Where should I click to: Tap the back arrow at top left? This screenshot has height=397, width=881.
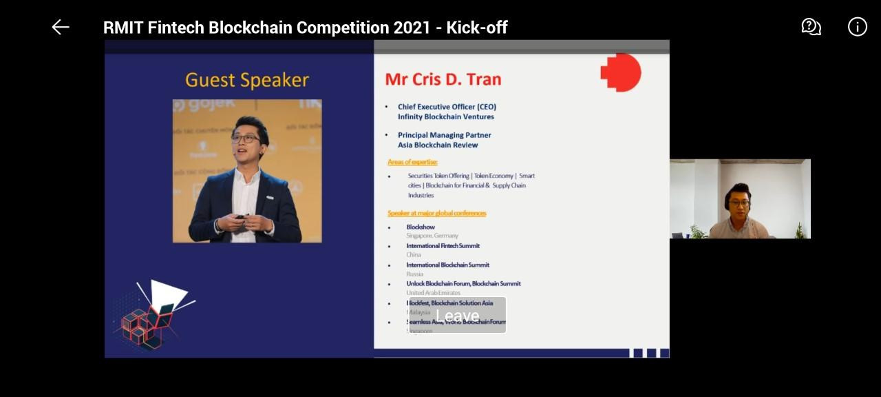61,27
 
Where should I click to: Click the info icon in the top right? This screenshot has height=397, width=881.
857,27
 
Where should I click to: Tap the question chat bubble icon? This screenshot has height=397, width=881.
811,27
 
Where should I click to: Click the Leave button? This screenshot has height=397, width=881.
457,316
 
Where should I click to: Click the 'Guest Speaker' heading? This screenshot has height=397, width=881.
246,80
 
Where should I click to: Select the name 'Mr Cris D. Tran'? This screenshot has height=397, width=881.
443,79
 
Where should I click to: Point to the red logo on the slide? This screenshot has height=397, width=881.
621,72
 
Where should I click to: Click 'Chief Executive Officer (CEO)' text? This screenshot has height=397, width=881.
447,107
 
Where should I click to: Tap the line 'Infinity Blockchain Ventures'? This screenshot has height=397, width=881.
445,116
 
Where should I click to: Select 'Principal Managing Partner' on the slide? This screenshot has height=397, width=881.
444,135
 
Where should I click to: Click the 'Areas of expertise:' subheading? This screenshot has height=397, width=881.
412,162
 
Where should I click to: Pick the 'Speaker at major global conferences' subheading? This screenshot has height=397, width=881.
436,213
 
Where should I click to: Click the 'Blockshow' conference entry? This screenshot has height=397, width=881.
421,227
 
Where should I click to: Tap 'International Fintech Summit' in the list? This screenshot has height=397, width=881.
443,245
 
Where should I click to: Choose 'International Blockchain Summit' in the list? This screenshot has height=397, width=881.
447,265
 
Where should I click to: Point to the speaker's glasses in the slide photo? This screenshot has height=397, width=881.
245,139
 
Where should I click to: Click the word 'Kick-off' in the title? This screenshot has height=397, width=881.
477,28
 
